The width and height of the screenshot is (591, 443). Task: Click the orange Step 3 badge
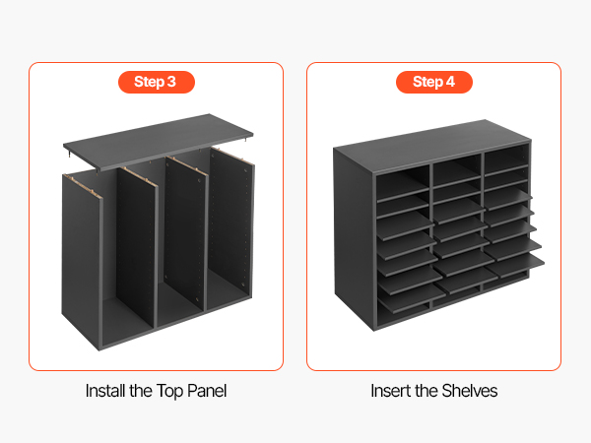(157, 82)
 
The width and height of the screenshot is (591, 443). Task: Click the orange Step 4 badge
(434, 82)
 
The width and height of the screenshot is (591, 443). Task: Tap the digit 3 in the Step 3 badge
(171, 82)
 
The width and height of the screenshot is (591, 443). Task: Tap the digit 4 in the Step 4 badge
(450, 82)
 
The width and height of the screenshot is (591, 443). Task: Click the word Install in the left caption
(105, 391)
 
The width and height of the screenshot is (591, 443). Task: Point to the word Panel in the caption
(207, 391)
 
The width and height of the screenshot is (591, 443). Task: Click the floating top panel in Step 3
(159, 142)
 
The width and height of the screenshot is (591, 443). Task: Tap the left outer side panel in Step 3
(82, 260)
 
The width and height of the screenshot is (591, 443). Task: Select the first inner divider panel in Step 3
(137, 249)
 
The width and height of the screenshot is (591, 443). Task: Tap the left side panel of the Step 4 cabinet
(354, 238)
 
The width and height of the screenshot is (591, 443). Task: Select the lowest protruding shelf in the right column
(515, 267)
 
